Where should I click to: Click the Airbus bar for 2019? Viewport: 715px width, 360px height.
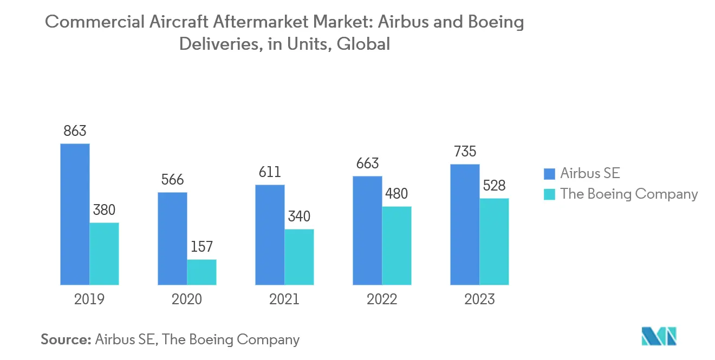(75, 214)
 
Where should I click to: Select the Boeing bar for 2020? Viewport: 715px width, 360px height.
(201, 272)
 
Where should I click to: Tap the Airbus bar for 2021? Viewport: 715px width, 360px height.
(270, 234)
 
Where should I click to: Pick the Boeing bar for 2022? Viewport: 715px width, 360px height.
(396, 245)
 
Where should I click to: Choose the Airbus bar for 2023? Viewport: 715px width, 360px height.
(465, 224)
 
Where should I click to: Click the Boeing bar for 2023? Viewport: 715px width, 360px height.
(494, 241)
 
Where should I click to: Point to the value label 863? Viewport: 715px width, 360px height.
(75, 131)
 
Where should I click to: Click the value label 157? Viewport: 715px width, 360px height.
(201, 247)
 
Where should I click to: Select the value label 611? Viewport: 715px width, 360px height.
(270, 172)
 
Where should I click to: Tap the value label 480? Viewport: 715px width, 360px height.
(396, 194)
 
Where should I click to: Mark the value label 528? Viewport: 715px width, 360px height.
(494, 186)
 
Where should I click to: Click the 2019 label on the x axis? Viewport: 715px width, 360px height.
(89, 299)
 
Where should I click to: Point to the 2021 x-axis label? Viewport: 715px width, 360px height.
(284, 299)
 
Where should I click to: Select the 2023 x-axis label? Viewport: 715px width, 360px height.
(479, 299)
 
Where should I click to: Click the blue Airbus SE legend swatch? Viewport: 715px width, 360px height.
(549, 173)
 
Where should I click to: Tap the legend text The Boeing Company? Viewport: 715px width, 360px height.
(629, 194)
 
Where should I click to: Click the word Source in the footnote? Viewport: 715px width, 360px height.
(65, 339)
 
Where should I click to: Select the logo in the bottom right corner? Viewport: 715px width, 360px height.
(659, 336)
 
